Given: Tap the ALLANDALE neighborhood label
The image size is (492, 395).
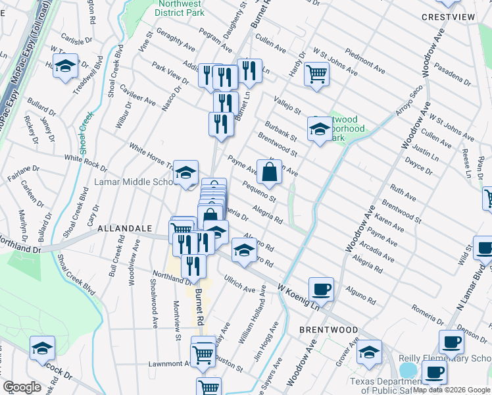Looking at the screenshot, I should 125,228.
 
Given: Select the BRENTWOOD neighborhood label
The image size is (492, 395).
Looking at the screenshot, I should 328,329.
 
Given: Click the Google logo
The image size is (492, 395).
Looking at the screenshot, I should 22,386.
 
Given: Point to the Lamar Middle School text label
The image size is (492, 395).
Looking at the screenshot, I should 134,182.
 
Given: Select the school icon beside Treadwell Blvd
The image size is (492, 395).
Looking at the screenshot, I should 65,66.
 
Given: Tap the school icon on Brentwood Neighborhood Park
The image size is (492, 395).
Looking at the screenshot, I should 320,128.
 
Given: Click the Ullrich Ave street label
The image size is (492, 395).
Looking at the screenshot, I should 239,286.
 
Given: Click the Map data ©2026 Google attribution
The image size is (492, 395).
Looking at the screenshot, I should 451,390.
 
